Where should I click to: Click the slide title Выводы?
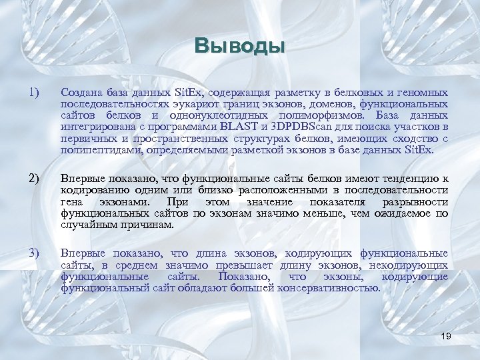click(240, 46)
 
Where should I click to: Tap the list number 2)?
click(34, 178)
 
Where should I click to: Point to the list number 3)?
click(34, 253)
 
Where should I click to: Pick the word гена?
click(71, 201)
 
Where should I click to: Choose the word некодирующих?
click(413, 265)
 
